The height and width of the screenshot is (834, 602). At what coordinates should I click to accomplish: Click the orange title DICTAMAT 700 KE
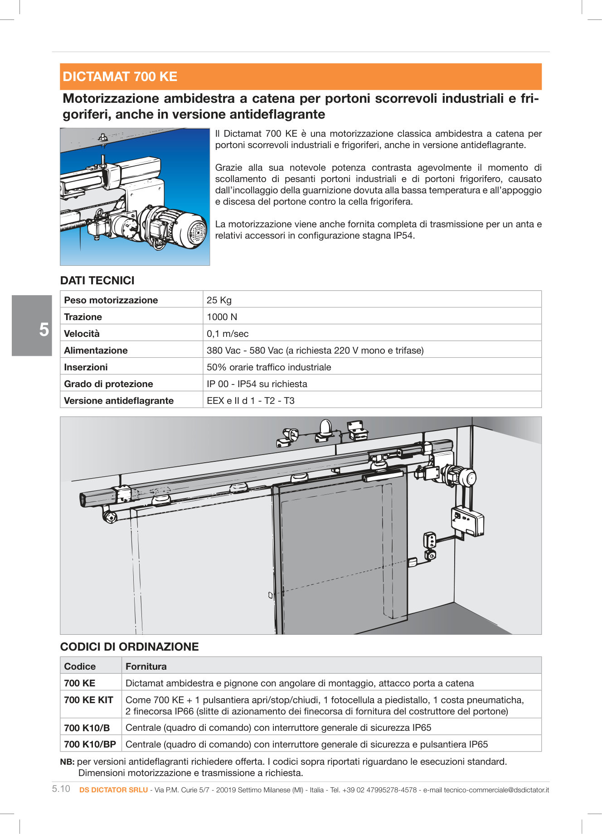click(120, 77)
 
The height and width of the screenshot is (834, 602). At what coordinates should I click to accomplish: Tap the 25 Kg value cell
click(219, 300)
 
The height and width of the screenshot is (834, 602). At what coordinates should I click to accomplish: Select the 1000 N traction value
click(222, 317)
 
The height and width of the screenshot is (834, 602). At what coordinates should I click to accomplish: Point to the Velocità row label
click(82, 334)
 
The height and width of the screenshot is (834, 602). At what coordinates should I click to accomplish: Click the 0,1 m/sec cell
click(228, 334)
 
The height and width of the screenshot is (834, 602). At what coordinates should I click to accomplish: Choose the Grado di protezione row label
click(108, 384)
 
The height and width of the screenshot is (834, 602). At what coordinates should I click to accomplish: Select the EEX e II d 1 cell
click(250, 401)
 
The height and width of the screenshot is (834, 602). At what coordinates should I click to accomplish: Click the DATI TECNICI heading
click(97, 281)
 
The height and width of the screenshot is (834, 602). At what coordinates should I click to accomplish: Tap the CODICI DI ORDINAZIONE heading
click(129, 647)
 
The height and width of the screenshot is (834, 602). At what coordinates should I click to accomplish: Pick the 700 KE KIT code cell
click(88, 700)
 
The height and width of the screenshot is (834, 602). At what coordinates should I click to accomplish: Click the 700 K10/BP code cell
click(90, 744)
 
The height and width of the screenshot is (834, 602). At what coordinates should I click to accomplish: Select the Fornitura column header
click(146, 666)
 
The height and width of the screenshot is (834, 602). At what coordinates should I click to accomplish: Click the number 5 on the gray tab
click(44, 330)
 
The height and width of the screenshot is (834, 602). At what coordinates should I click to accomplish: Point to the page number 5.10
click(61, 789)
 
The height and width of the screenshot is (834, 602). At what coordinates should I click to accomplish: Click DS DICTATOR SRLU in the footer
click(113, 790)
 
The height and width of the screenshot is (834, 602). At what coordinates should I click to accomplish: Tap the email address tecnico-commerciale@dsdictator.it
click(496, 790)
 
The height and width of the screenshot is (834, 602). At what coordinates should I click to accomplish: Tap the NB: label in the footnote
click(67, 762)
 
